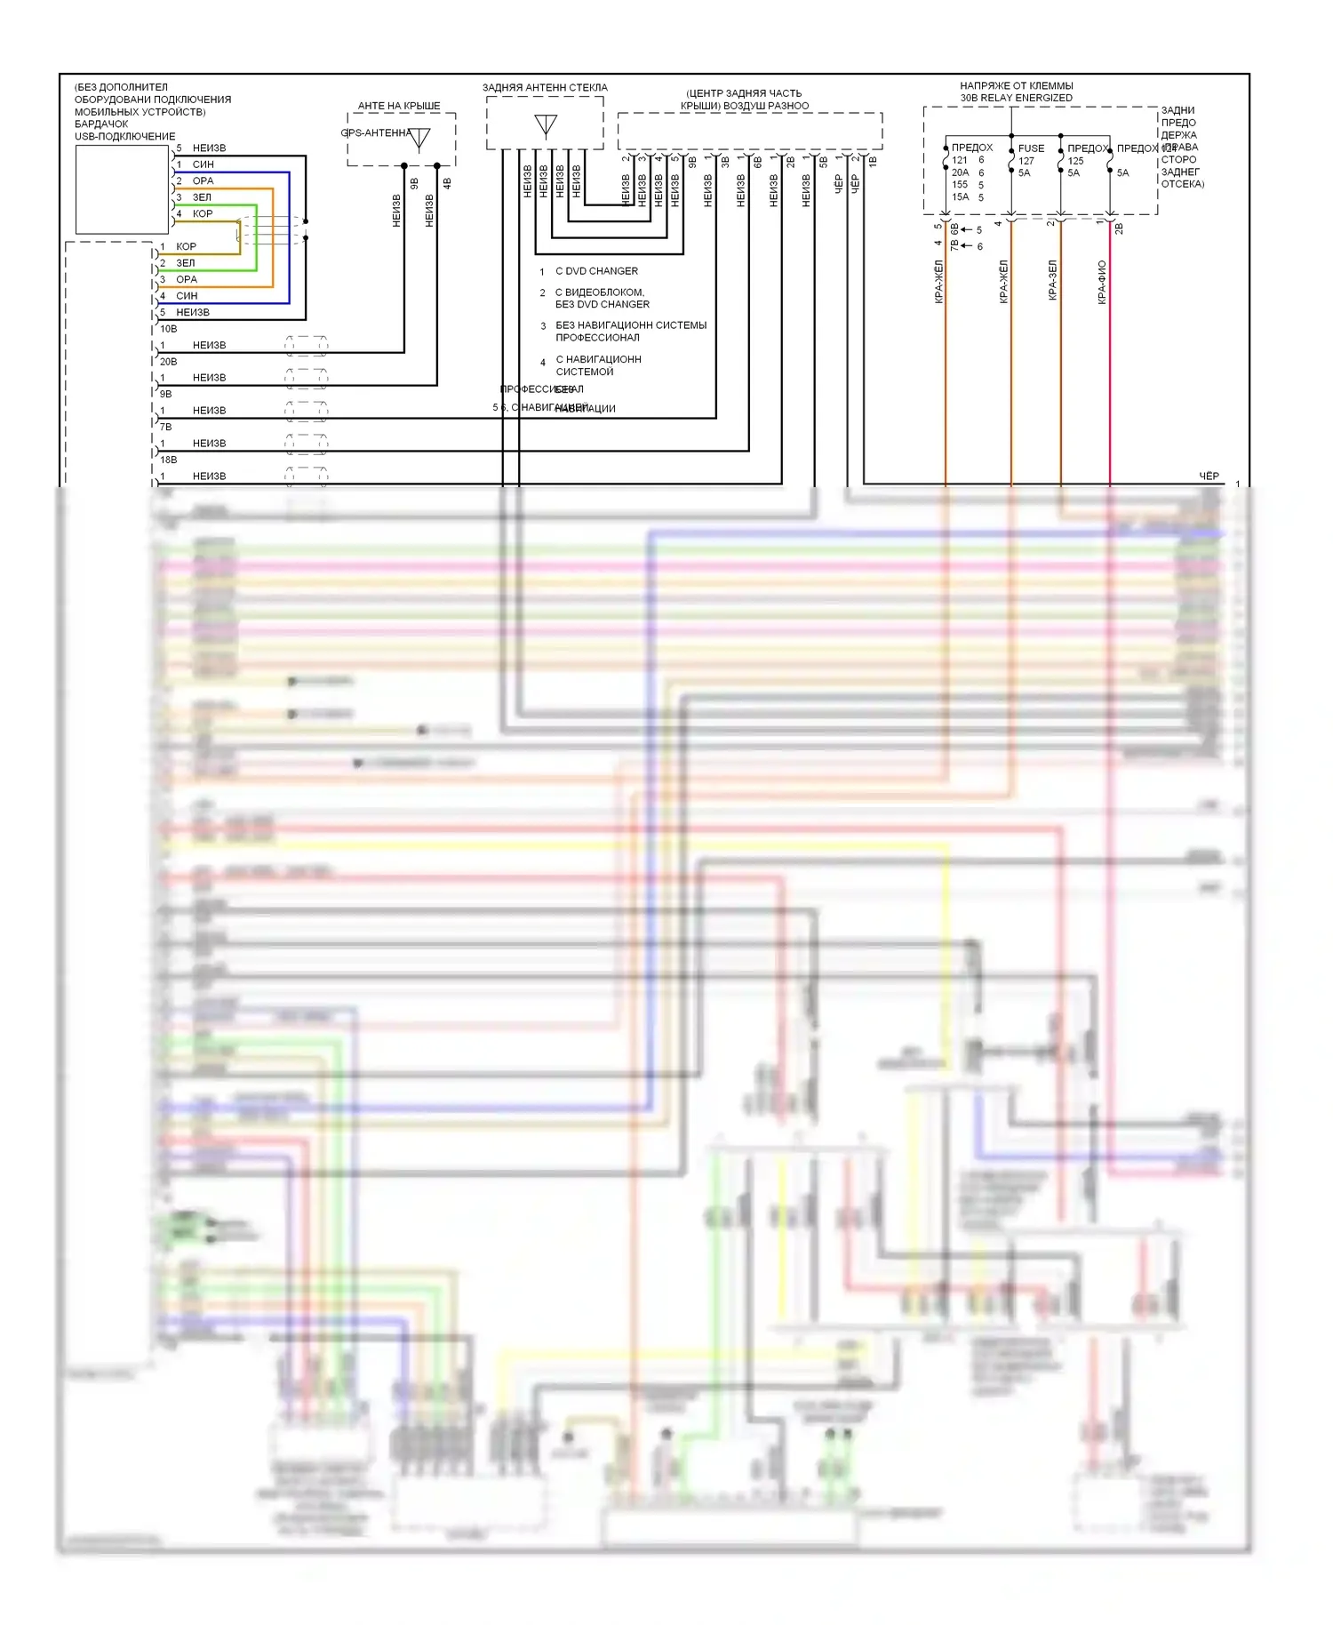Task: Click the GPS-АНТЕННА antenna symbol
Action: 419,139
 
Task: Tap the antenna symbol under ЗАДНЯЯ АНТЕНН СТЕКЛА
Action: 546,125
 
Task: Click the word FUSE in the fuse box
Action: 1031,148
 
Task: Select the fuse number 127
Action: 1026,161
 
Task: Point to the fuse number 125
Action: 1075,161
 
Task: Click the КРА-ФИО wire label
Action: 1102,282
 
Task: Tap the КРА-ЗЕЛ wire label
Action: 1053,280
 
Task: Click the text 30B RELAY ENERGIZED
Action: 1016,98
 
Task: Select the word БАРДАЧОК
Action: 101,124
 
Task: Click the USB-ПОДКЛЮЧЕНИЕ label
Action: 124,137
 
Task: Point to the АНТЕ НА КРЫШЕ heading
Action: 399,106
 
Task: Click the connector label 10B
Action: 168,329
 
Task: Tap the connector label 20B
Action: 168,362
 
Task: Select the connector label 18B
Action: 168,460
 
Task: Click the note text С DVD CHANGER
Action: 596,271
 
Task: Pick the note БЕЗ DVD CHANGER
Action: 602,304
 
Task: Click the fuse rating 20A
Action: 960,172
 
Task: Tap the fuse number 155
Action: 960,185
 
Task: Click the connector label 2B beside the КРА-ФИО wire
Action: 1120,228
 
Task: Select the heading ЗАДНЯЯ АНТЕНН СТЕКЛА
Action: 545,88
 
